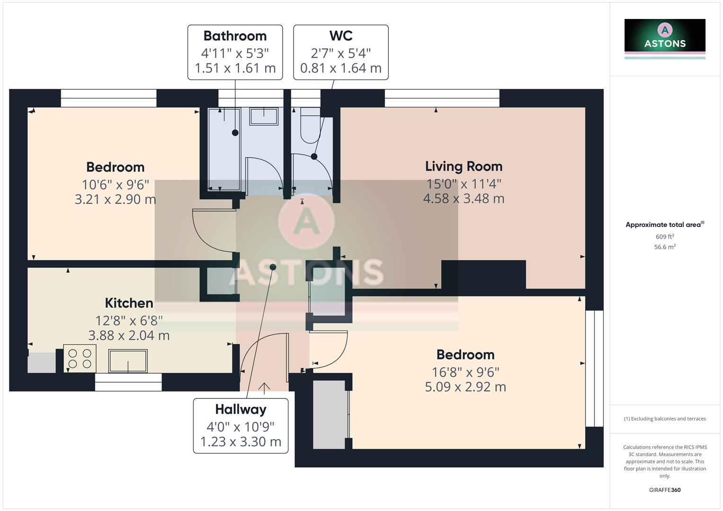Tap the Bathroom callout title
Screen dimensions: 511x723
(235, 36)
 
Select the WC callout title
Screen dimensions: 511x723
(340, 36)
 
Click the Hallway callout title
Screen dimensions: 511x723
(241, 409)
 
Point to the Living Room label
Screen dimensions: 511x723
(464, 167)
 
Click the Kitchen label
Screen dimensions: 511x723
(129, 303)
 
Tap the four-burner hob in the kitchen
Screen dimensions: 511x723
(80, 359)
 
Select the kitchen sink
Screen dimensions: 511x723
(128, 361)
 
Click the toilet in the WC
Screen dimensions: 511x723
(311, 125)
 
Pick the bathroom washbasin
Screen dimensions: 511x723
(264, 116)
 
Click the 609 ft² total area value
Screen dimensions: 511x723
(664, 237)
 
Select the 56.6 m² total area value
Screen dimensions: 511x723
(664, 247)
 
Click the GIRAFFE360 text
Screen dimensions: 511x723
(664, 490)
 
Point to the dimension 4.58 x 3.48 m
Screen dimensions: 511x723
(464, 199)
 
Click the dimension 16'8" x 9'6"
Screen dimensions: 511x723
(465, 372)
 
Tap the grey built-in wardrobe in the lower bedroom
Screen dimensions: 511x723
(330, 414)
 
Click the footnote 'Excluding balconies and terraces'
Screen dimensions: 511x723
(664, 419)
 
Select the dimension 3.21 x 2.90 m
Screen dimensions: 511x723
(115, 200)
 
